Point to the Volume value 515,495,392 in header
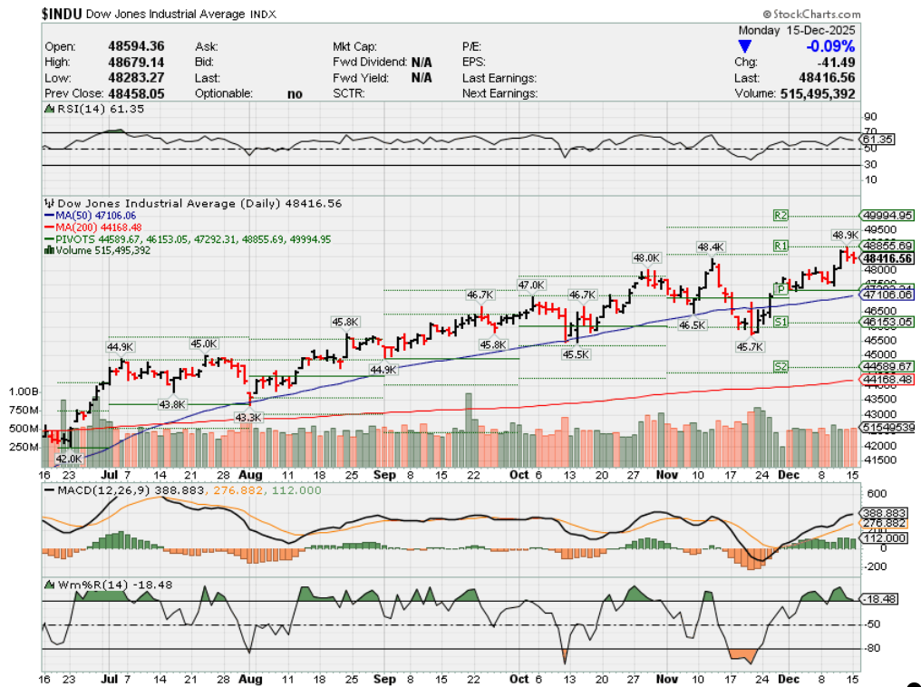coord(817,93)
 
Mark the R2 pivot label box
coord(780,215)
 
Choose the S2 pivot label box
coord(780,365)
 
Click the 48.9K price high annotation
coord(846,235)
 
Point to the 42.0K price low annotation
coord(69,460)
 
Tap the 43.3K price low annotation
coord(247,417)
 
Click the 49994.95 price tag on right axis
coord(887,215)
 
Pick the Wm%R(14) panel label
coord(91,584)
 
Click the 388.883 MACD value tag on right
coord(885,513)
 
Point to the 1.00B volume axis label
coord(23,392)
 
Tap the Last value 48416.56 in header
coord(826,78)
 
